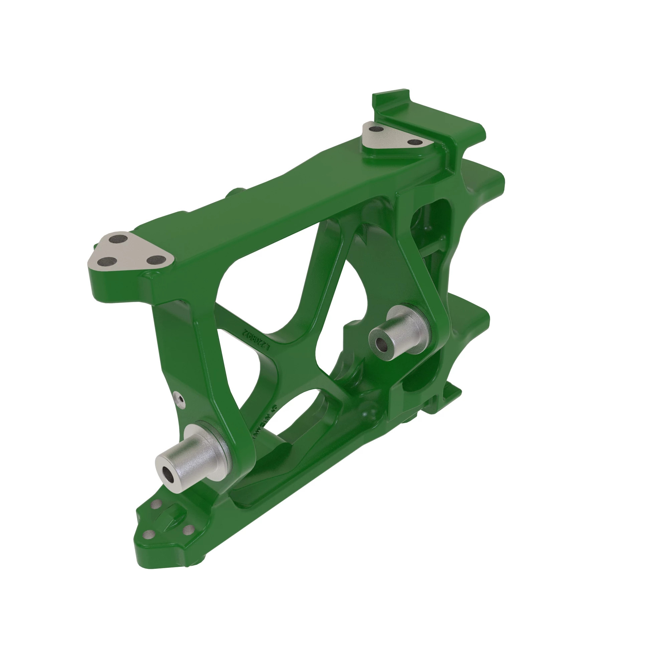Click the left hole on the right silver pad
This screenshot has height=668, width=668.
[376, 129]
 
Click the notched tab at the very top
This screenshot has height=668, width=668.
[391, 99]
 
